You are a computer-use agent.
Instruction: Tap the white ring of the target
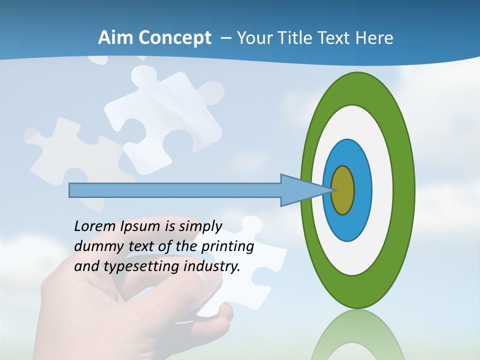tap(382, 190)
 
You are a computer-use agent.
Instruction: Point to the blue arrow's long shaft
tap(175, 190)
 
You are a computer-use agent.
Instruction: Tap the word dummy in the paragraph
tap(95, 246)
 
